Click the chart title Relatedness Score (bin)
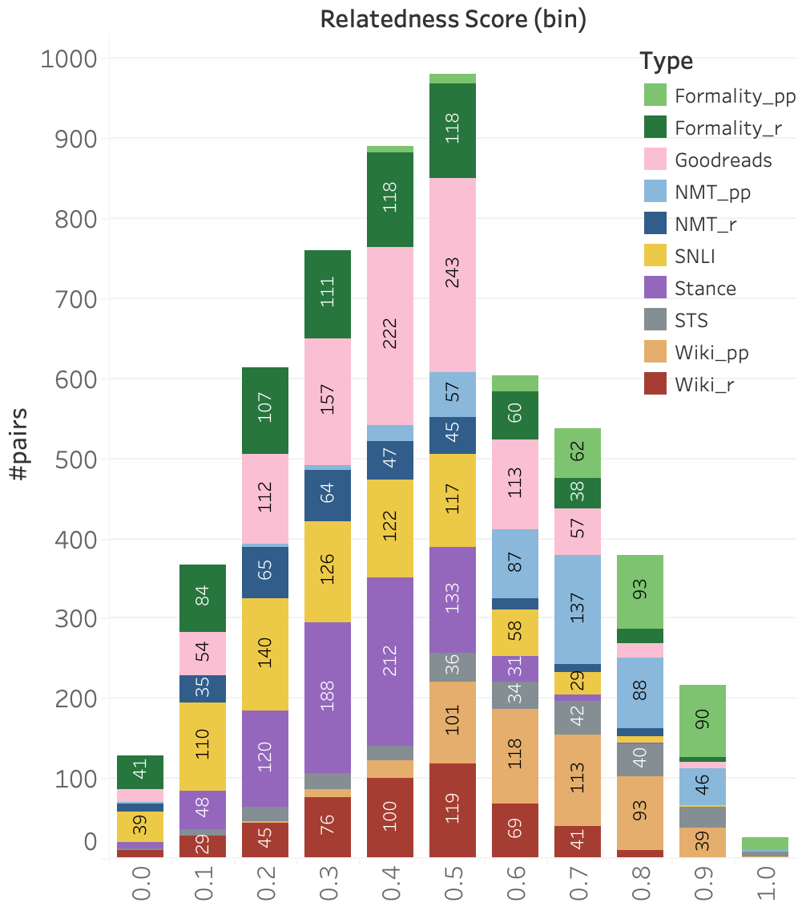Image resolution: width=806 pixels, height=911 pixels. coord(453,20)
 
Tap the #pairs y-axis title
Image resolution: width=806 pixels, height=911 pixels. coord(20,458)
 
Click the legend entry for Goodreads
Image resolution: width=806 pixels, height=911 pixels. coord(723,160)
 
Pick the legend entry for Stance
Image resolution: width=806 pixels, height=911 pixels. coord(705,289)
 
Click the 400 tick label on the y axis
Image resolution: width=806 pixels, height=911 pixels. coord(75,540)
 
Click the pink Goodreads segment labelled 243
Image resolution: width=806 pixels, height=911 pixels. coord(453,275)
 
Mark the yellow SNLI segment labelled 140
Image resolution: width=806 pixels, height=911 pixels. coord(265,654)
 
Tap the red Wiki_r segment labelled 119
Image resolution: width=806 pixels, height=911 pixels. coord(453,811)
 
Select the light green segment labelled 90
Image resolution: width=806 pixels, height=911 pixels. coord(703,721)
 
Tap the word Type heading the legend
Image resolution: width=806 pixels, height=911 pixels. coord(666,61)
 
